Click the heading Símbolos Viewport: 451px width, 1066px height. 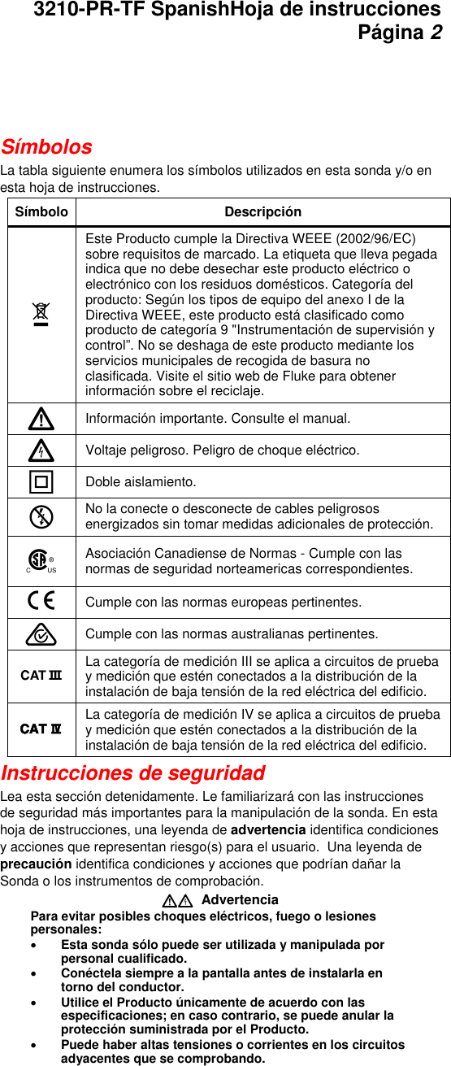point(46,147)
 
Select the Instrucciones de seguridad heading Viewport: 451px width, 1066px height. point(133,772)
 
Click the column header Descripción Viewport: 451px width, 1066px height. point(262,212)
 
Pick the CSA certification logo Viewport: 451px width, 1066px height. point(40,561)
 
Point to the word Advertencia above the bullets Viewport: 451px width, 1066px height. point(239,900)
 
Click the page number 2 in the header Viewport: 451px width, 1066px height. point(436,33)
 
